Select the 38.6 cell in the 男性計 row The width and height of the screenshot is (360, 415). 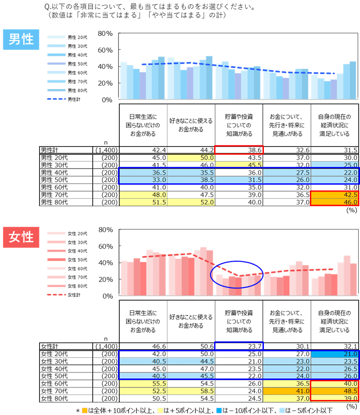click(x=239, y=150)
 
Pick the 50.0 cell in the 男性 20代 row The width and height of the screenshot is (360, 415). click(x=191, y=158)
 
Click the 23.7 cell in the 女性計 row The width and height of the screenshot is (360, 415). click(x=239, y=346)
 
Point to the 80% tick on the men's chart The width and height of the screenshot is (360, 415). click(x=105, y=33)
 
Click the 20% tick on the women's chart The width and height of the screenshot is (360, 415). click(x=105, y=280)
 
